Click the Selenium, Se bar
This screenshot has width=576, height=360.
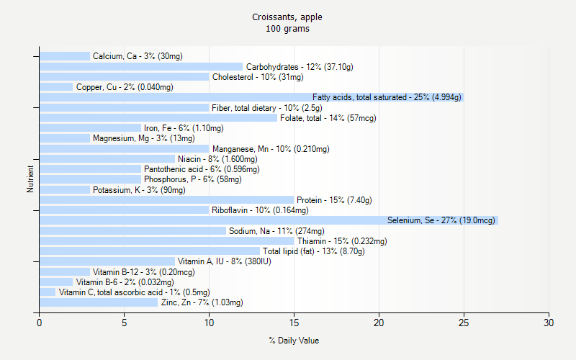pyautogui.click(x=269, y=220)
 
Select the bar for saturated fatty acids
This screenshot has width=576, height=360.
pyautogui.click(x=251, y=97)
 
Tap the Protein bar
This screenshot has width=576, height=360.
pyautogui.click(x=166, y=200)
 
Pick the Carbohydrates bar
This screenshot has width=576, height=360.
pyautogui.click(x=141, y=67)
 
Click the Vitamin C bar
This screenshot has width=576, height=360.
pyautogui.click(x=48, y=292)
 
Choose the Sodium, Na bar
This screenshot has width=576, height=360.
pyautogui.click(x=132, y=231)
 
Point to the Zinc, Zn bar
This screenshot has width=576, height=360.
pyautogui.click(x=99, y=302)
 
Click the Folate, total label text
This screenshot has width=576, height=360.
pyautogui.click(x=328, y=118)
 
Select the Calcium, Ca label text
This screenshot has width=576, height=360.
pyautogui.click(x=138, y=56)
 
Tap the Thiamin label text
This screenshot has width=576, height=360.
pyautogui.click(x=342, y=241)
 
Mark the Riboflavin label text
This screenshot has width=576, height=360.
pyautogui.click(x=260, y=210)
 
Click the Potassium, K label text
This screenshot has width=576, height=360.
pyautogui.click(x=139, y=190)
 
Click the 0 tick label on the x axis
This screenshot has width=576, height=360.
pyautogui.click(x=40, y=323)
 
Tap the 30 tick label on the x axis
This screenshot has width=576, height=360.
pyautogui.click(x=549, y=323)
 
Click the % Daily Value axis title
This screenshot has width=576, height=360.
pyautogui.click(x=294, y=341)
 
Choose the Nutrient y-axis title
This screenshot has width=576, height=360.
pyautogui.click(x=30, y=179)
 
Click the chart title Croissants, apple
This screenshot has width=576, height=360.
pyautogui.click(x=287, y=17)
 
